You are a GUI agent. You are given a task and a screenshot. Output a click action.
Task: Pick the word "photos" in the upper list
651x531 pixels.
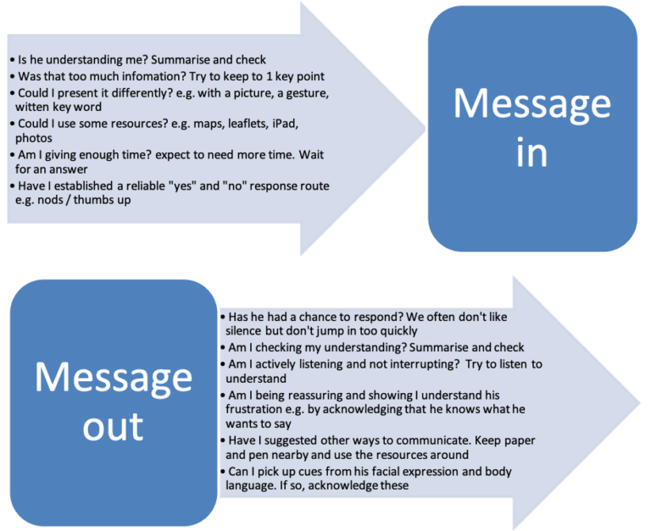34,138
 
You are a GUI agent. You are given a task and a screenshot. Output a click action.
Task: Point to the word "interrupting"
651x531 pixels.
394,364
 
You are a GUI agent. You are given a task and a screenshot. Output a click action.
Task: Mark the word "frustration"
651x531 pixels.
260,410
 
